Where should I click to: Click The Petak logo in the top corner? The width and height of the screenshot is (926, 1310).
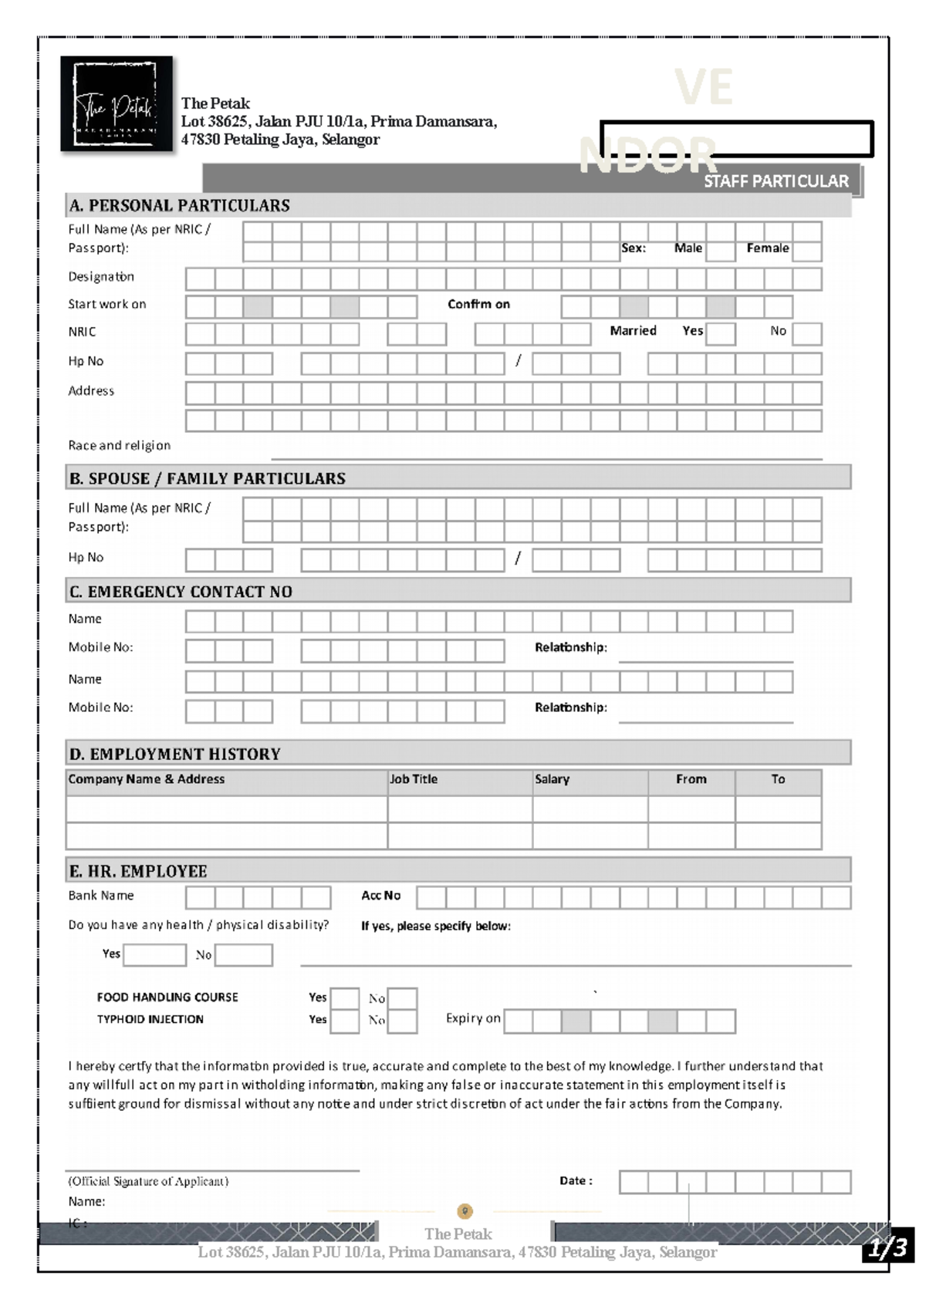117,103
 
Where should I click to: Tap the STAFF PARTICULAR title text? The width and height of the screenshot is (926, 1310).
776,181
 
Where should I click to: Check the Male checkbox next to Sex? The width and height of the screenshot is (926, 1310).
720,250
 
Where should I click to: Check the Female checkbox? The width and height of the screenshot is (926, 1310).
807,250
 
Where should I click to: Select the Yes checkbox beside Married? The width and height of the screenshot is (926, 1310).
720,333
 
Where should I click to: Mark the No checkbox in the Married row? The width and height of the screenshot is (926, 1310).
807,333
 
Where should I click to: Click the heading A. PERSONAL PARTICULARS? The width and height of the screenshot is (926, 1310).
179,206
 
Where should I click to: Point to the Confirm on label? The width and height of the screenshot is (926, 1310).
478,305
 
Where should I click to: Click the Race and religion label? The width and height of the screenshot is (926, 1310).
119,446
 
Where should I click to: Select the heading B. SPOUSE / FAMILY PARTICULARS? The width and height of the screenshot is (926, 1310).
207,478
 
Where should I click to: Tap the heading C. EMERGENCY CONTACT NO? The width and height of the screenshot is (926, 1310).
181,592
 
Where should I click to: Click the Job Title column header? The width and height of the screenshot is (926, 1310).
414,779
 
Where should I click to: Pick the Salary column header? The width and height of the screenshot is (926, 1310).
552,779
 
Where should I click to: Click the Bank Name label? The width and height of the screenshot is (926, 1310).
100,896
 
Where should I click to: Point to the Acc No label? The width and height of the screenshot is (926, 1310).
381,896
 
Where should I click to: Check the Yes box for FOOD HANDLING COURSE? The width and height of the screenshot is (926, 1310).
344,998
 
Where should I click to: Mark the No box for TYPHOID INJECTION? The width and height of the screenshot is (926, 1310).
402,1021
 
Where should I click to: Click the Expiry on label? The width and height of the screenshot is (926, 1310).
473,1018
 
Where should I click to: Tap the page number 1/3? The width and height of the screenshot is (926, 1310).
887,1248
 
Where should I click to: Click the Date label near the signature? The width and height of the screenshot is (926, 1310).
576,1181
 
